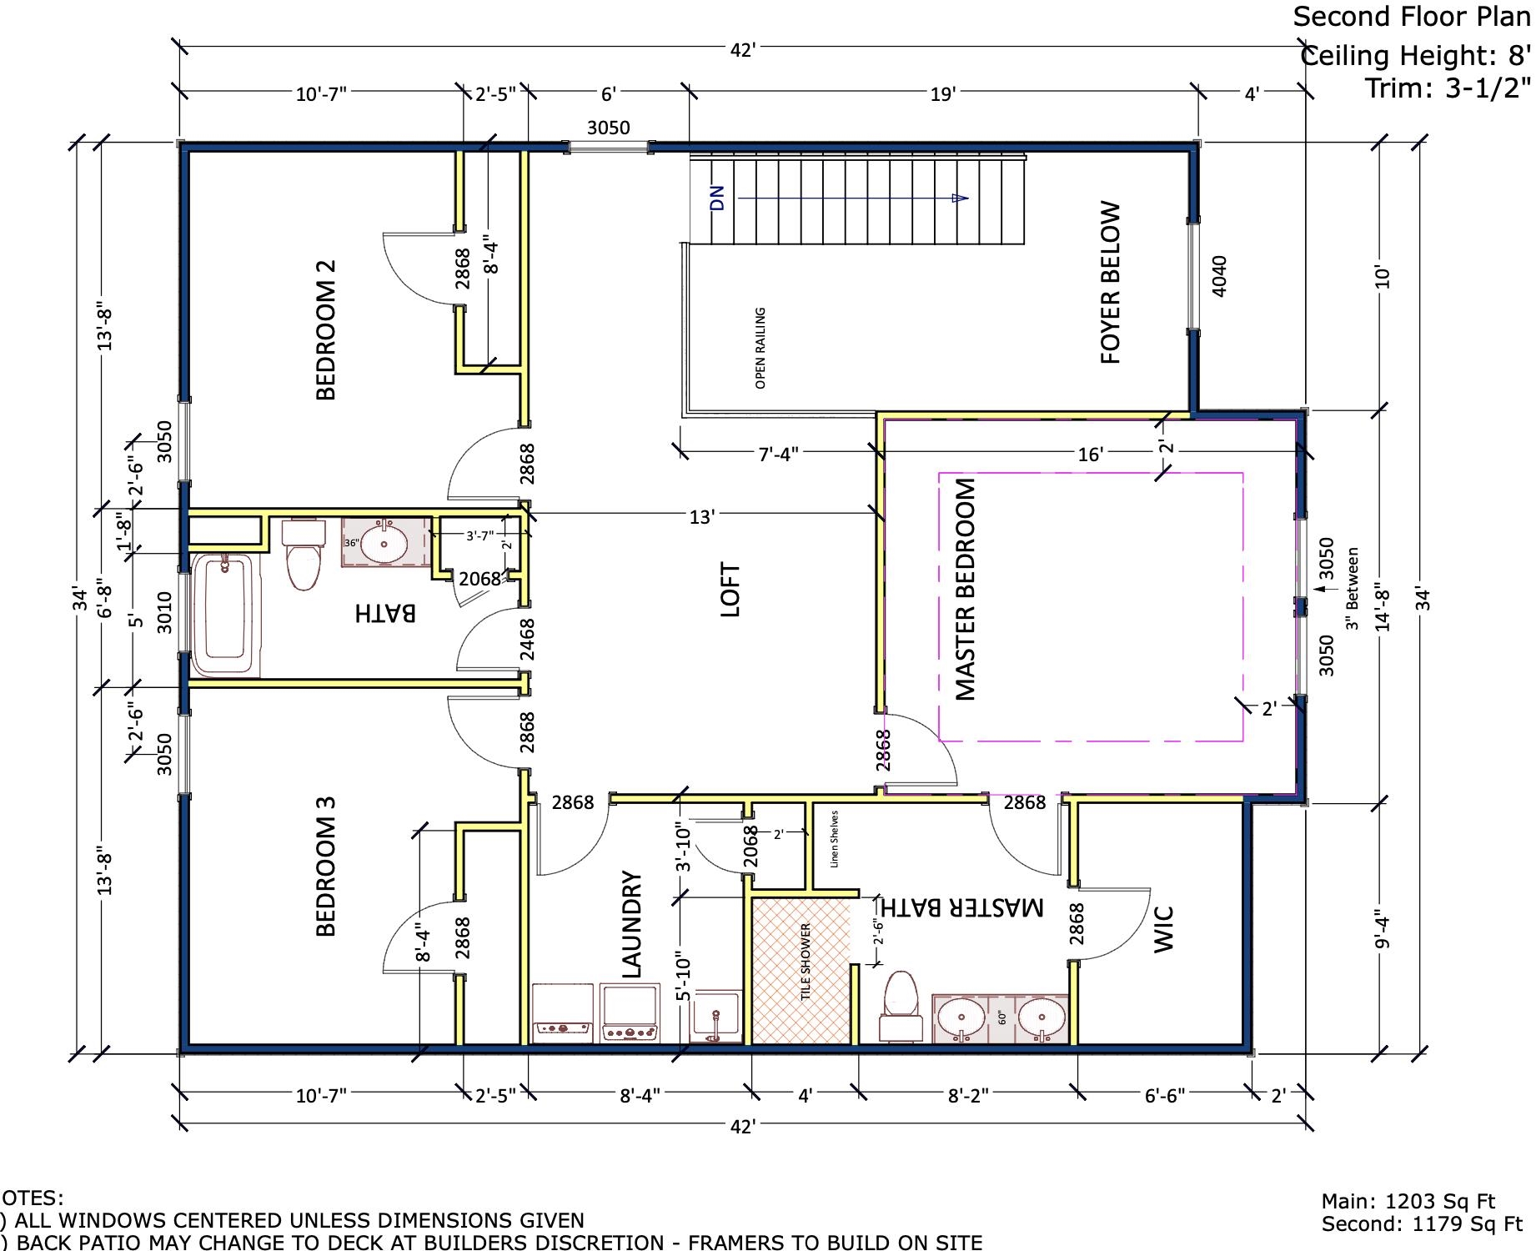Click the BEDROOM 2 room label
326,330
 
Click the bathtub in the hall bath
224,615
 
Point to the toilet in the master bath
901,1004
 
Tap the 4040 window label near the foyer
1218,275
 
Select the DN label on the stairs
717,198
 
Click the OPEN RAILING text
760,348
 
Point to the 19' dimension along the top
941,94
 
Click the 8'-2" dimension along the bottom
967,1095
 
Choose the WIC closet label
1164,928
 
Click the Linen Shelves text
835,839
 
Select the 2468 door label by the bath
527,640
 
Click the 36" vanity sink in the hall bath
385,543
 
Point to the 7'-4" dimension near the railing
778,454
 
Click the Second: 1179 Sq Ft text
1422,1224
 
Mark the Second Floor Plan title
1411,16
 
